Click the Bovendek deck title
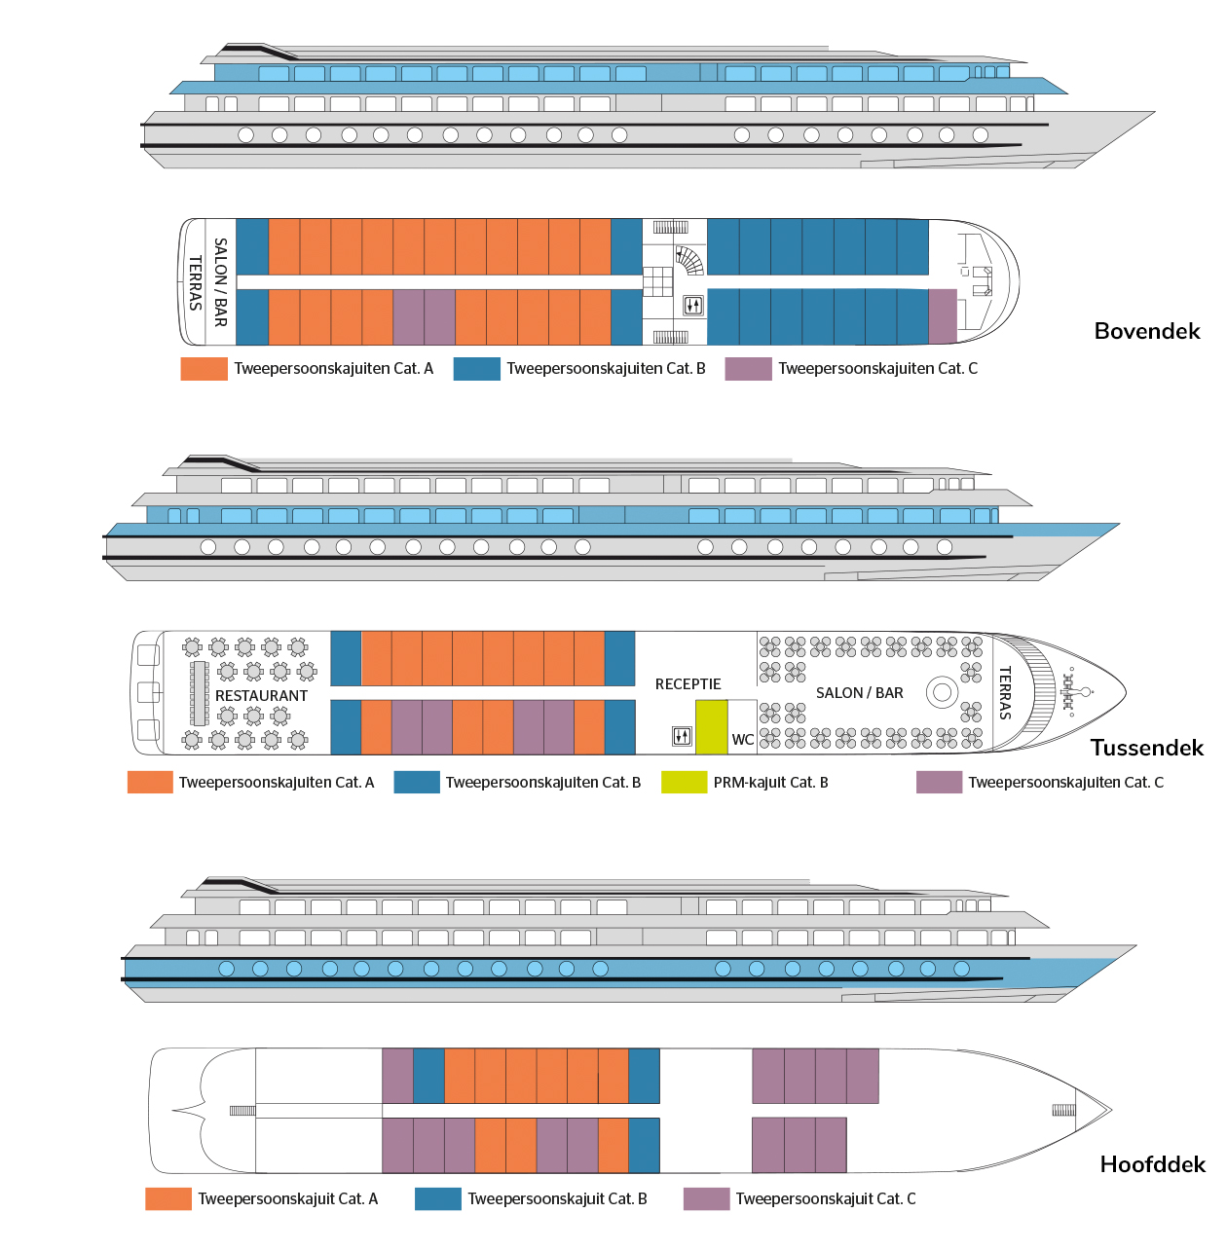pyautogui.click(x=1147, y=331)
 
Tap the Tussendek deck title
pyautogui.click(x=1146, y=748)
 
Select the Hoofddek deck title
pyautogui.click(x=1152, y=1164)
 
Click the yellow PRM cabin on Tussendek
pyautogui.click(x=711, y=726)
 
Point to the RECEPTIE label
pyautogui.click(x=688, y=684)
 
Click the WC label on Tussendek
pyautogui.click(x=742, y=740)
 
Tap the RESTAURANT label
pyautogui.click(x=261, y=696)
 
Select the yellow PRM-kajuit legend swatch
pyautogui.click(x=684, y=782)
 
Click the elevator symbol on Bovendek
pyautogui.click(x=692, y=305)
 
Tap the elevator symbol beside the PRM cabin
pyautogui.click(x=682, y=736)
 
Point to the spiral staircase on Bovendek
pyautogui.click(x=689, y=260)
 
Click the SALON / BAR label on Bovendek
pyautogui.click(x=221, y=282)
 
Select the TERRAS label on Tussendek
pyautogui.click(x=1006, y=692)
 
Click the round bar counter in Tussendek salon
pyautogui.click(x=942, y=692)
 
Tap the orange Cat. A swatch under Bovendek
pyautogui.click(x=204, y=369)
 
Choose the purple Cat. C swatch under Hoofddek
pyautogui.click(x=706, y=1198)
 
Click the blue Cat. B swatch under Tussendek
pyautogui.click(x=416, y=782)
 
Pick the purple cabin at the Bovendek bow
pyautogui.click(x=943, y=316)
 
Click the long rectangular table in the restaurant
pyautogui.click(x=200, y=693)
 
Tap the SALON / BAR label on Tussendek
pyautogui.click(x=859, y=693)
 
